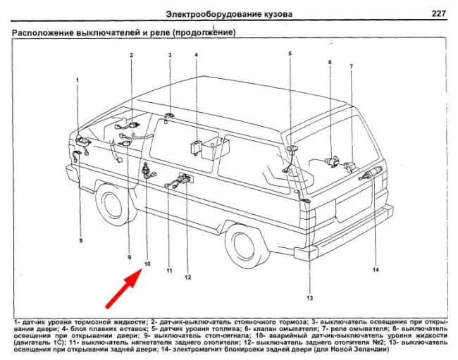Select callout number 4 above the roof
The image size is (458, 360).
pos(197,54)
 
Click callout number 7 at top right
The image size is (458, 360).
pos(329,63)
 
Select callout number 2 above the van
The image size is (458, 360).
pos(131,54)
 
